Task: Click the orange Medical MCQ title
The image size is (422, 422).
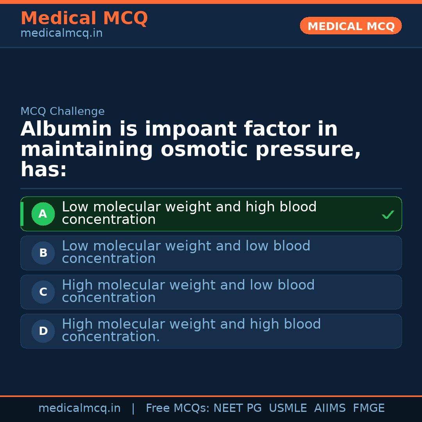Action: click(x=84, y=18)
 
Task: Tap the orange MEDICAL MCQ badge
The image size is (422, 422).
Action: click(x=350, y=26)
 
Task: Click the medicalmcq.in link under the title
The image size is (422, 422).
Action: click(x=61, y=34)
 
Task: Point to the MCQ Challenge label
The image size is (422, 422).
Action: click(x=63, y=111)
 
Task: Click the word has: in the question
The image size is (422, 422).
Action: click(x=44, y=170)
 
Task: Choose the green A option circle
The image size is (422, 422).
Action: click(x=43, y=214)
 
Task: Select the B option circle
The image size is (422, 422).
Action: click(x=43, y=253)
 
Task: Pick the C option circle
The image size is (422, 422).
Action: click(x=43, y=292)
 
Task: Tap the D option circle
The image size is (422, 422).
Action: click(x=43, y=331)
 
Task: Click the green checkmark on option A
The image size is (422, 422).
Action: click(x=388, y=215)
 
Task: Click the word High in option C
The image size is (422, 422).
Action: click(x=76, y=285)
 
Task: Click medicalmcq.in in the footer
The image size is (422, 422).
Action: click(x=79, y=408)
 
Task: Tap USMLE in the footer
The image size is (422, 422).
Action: click(x=288, y=408)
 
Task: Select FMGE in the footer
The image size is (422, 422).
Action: click(x=368, y=408)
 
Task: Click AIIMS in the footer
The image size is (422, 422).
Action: click(x=330, y=408)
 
